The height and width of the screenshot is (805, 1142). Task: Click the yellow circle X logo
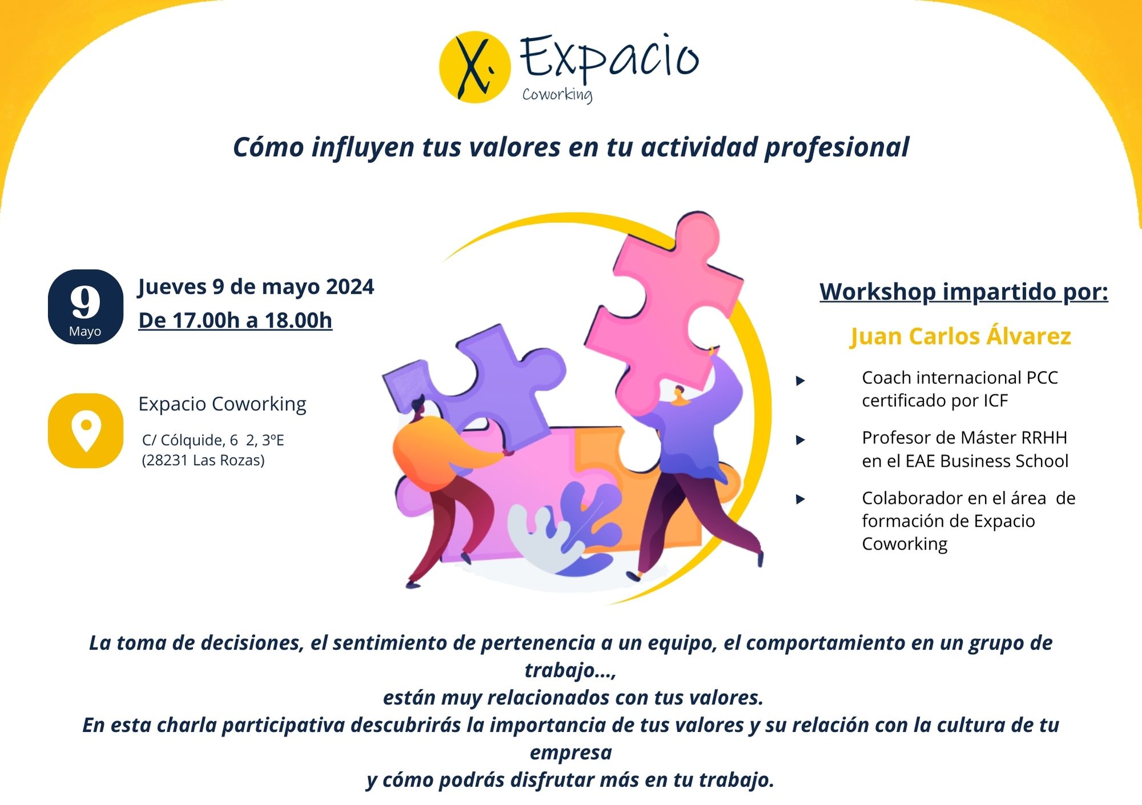475,67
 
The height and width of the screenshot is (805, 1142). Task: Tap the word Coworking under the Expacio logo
557,95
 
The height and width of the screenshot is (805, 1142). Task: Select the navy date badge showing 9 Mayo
86,307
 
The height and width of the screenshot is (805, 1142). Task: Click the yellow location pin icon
86,431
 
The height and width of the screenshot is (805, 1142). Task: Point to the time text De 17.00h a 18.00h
235,321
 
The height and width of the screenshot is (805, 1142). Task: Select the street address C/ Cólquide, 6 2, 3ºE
213,440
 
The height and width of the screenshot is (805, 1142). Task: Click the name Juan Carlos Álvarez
960,336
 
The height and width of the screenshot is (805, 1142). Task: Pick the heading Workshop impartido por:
964,291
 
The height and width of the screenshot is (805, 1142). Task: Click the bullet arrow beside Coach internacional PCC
801,381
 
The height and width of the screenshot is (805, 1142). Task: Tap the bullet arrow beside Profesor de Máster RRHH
801,440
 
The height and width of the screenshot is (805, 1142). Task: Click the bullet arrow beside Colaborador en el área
801,499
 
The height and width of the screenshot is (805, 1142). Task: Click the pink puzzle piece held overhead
665,309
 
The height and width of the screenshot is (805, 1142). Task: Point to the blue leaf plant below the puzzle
588,526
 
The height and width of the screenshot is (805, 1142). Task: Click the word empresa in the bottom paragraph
571,752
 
